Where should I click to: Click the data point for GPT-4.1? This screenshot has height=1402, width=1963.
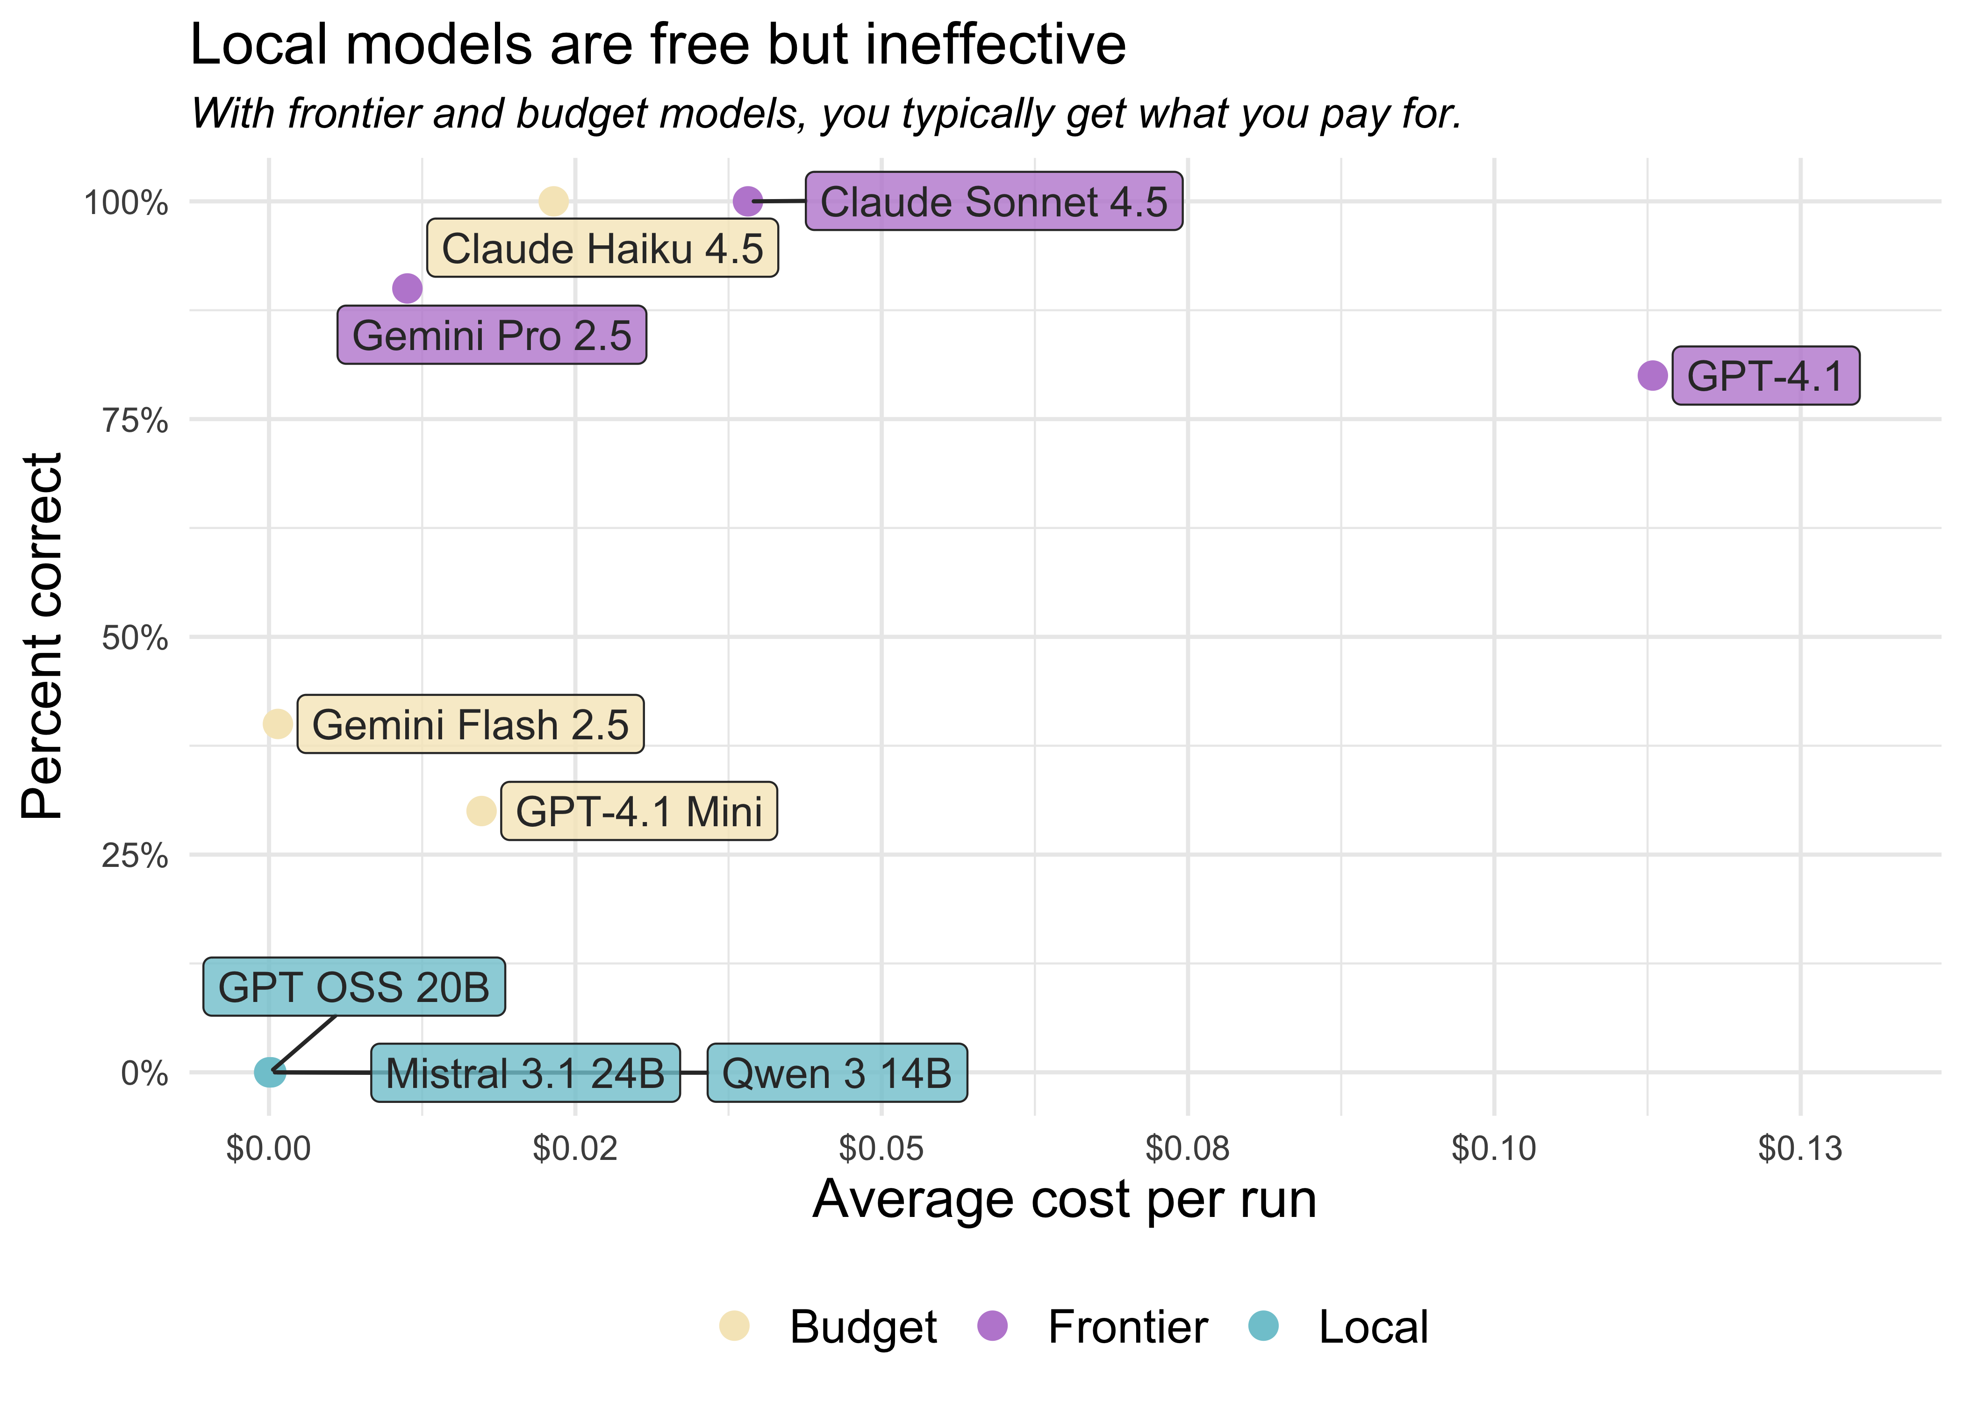tap(1651, 376)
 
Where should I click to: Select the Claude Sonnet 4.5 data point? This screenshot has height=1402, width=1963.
tap(747, 201)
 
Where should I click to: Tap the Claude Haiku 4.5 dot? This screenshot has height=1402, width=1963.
tap(553, 201)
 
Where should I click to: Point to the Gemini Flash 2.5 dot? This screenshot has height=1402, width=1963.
tap(277, 723)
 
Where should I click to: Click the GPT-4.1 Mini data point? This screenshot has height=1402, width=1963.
tap(481, 811)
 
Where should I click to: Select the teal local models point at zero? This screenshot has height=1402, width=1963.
tap(269, 1072)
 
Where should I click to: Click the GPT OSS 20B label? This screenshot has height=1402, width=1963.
tap(354, 987)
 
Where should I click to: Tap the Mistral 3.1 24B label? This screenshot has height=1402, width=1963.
tap(525, 1073)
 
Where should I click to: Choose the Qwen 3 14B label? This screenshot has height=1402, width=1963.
tap(837, 1073)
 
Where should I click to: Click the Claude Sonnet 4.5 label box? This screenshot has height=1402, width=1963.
tap(994, 202)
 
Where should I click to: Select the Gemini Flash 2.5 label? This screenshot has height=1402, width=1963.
tap(471, 724)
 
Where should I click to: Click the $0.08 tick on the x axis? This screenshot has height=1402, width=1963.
tap(1187, 1149)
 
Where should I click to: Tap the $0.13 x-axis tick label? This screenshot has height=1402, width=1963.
tap(1800, 1149)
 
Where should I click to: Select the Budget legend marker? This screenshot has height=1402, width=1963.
tap(734, 1325)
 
